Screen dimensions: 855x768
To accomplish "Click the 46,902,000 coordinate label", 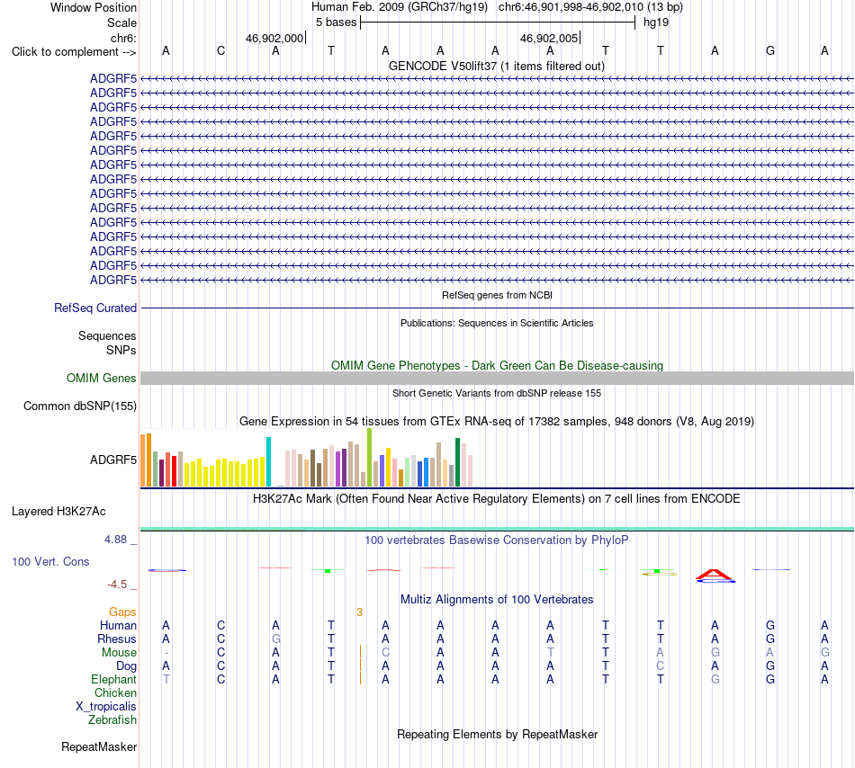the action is pyautogui.click(x=274, y=38).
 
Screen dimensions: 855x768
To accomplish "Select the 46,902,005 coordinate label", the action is pyautogui.click(x=549, y=38).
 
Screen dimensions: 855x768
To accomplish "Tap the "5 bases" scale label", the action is pyautogui.click(x=336, y=22).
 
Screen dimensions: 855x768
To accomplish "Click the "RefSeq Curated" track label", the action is pyautogui.click(x=95, y=308).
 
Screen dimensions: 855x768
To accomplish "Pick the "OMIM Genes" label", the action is pyautogui.click(x=102, y=378).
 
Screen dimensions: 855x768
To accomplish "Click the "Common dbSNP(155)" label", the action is pyautogui.click(x=80, y=406).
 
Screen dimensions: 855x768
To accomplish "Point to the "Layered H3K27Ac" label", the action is pyautogui.click(x=58, y=511).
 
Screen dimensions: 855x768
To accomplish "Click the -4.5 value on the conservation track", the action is pyautogui.click(x=117, y=585).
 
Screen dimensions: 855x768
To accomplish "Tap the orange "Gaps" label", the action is pyautogui.click(x=122, y=612).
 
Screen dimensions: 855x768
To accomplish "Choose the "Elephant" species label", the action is pyautogui.click(x=114, y=679).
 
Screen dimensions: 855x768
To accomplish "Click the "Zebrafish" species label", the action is pyautogui.click(x=112, y=719).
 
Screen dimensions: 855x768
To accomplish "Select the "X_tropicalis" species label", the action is pyautogui.click(x=106, y=707).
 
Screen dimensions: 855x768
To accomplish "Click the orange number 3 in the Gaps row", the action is pyautogui.click(x=359, y=612).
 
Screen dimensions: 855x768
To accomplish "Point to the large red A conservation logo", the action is pyautogui.click(x=715, y=575).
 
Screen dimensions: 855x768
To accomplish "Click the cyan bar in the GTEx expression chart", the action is pyautogui.click(x=268, y=462).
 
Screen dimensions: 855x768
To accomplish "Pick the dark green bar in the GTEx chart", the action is pyautogui.click(x=457, y=462).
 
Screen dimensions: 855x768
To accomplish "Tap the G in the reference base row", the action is pyautogui.click(x=769, y=50).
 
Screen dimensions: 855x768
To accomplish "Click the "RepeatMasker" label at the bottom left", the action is pyautogui.click(x=99, y=746).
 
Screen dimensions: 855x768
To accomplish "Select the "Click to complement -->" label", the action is pyautogui.click(x=74, y=52).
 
